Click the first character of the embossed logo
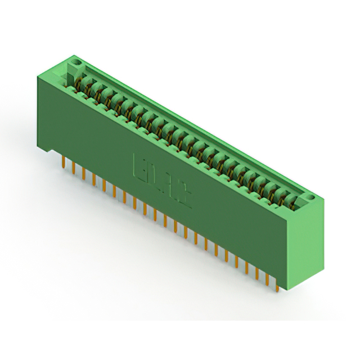[x=138, y=165]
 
